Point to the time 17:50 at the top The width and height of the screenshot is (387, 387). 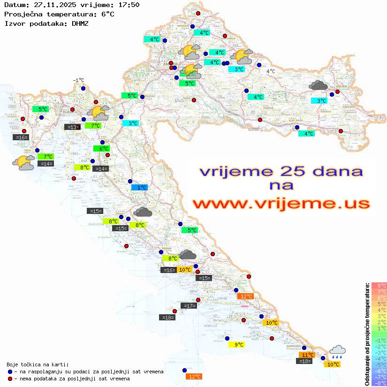pos(128,5)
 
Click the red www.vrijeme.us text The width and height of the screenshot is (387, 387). pos(281,204)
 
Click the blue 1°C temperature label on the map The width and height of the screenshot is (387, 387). pos(140,188)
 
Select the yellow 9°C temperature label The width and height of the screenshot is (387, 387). pos(239,345)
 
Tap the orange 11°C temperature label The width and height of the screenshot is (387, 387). pos(308,355)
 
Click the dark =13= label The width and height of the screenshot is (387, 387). pos(72,127)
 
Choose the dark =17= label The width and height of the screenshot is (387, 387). pos(189,306)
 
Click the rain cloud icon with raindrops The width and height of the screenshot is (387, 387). pos(337,352)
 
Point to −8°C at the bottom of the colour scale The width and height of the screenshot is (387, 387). pos(379,383)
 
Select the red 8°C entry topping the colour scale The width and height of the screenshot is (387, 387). pos(379,285)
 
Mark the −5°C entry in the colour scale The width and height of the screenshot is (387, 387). pos(379,364)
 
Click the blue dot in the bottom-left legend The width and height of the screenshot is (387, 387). pos(10,372)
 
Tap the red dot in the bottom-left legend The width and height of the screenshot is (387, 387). pos(10,379)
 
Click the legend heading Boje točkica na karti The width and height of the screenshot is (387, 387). pos(38,364)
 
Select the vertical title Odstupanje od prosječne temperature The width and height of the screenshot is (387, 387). pos(367,334)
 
